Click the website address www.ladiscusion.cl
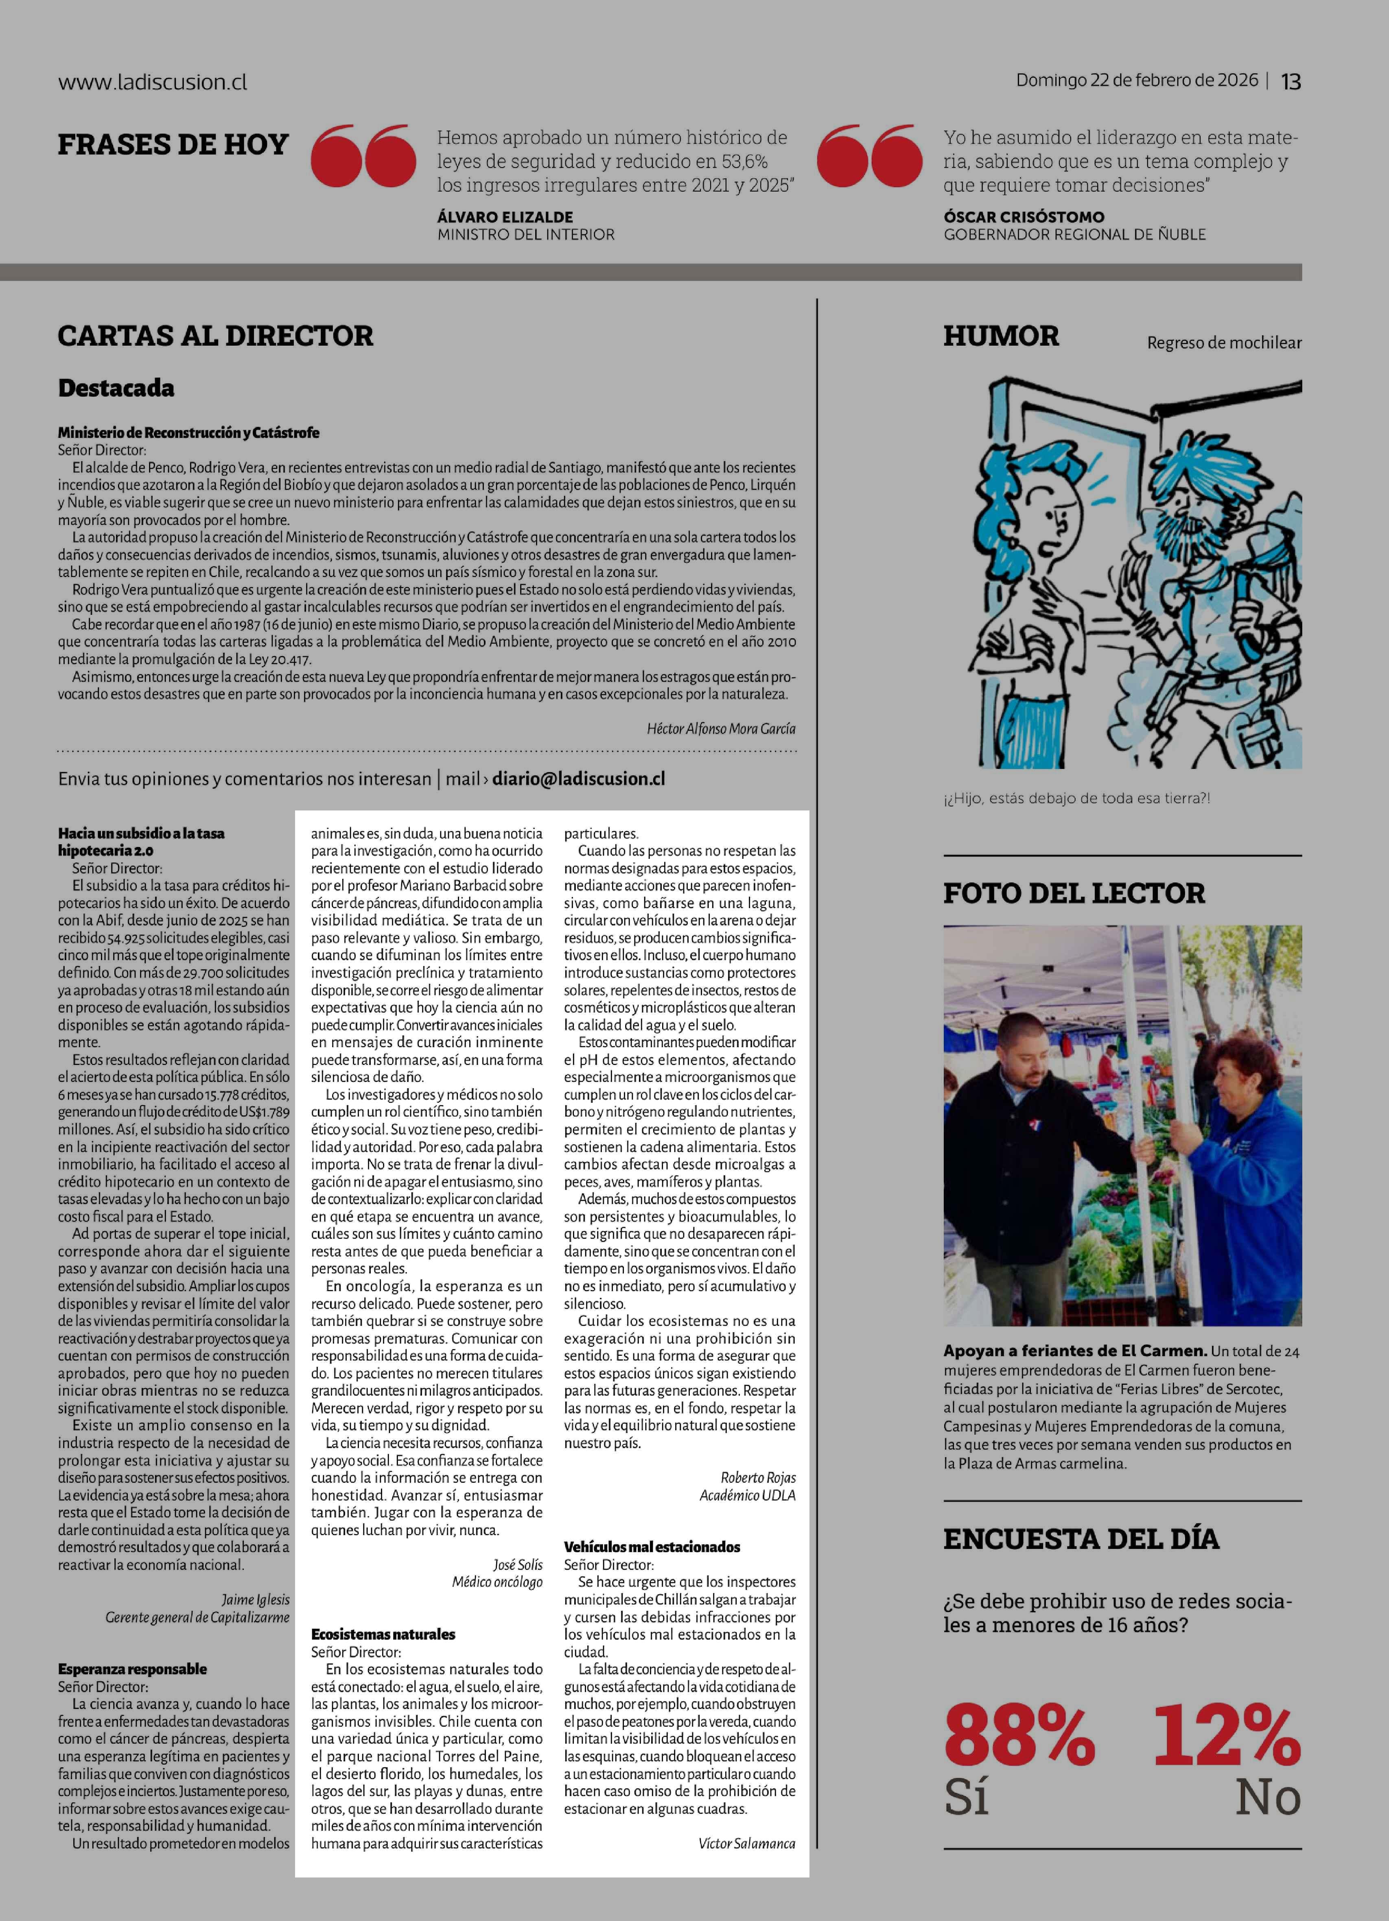coord(153,82)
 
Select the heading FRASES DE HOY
coord(173,145)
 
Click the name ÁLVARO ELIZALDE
coord(505,217)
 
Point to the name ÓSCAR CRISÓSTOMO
coord(1024,217)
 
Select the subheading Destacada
coord(116,389)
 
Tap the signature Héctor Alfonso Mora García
coord(720,728)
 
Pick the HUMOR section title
coord(1001,336)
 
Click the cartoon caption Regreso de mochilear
coord(1224,343)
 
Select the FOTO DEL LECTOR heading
coord(1074,893)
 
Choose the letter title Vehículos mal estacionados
coord(652,1546)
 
